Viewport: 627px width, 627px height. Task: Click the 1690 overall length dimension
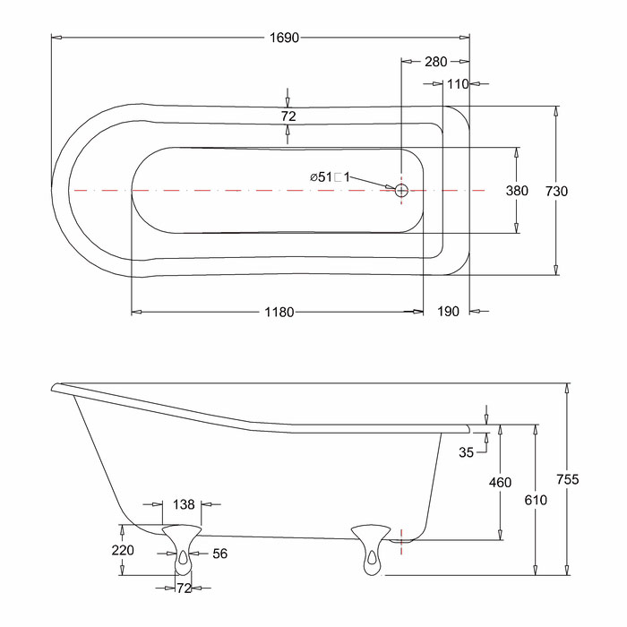pyautogui.click(x=284, y=38)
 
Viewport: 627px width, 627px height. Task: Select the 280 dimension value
pyautogui.click(x=436, y=62)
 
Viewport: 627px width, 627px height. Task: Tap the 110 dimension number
pyautogui.click(x=458, y=84)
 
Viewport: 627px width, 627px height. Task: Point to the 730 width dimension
pyautogui.click(x=556, y=191)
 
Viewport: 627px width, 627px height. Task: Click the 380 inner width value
pyautogui.click(x=517, y=191)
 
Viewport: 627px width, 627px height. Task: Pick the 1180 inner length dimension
pyautogui.click(x=279, y=312)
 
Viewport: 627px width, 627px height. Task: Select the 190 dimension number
pyautogui.click(x=448, y=312)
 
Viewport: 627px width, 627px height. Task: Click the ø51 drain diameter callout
pyautogui.click(x=330, y=176)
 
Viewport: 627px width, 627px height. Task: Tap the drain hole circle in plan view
pyautogui.click(x=401, y=190)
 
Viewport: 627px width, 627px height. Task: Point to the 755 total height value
pyautogui.click(x=568, y=479)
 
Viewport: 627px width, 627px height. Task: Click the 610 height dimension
pyautogui.click(x=536, y=500)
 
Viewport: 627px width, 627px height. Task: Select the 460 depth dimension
pyautogui.click(x=500, y=483)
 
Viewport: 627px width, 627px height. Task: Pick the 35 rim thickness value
pyautogui.click(x=467, y=452)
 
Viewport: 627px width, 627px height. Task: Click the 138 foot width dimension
pyautogui.click(x=184, y=504)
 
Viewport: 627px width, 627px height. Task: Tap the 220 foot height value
pyautogui.click(x=123, y=550)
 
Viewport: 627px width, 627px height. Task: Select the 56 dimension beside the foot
pyautogui.click(x=220, y=554)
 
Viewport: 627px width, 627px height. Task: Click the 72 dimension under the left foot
pyautogui.click(x=184, y=588)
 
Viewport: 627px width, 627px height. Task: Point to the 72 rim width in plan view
pyautogui.click(x=288, y=116)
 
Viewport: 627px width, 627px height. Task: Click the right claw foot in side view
pyautogui.click(x=371, y=550)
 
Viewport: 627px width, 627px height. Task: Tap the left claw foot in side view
pyautogui.click(x=182, y=550)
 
